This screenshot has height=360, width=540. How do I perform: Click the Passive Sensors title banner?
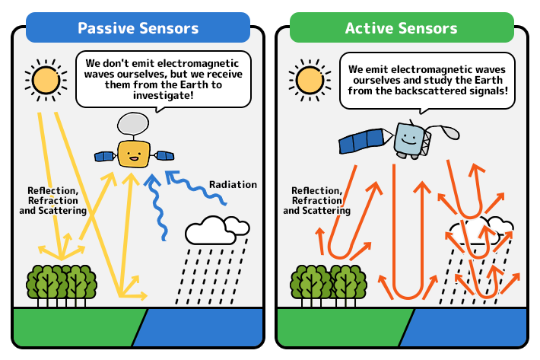click(138, 27)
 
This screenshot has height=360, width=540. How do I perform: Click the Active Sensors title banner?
click(402, 27)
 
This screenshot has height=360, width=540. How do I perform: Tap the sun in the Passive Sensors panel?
click(46, 80)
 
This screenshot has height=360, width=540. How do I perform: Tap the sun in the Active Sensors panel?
click(310, 80)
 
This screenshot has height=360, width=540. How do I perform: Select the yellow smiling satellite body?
click(134, 154)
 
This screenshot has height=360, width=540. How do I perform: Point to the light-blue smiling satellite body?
click(408, 139)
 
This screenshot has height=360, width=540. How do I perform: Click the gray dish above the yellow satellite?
click(133, 123)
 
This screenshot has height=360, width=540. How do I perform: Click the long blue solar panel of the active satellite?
click(361, 141)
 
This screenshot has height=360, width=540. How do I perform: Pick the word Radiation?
click(233, 185)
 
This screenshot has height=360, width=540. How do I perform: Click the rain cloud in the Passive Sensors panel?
click(217, 230)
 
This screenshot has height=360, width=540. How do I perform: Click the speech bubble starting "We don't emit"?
click(164, 80)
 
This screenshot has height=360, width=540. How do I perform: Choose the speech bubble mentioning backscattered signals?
click(427, 81)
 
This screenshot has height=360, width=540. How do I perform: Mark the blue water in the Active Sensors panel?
click(463, 327)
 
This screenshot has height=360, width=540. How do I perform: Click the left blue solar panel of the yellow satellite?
click(105, 156)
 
